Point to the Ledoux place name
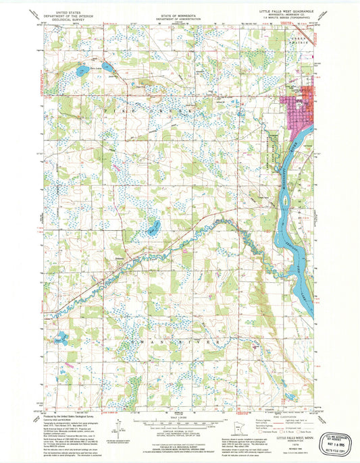tap(101, 257)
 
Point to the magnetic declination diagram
tap(119, 429)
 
